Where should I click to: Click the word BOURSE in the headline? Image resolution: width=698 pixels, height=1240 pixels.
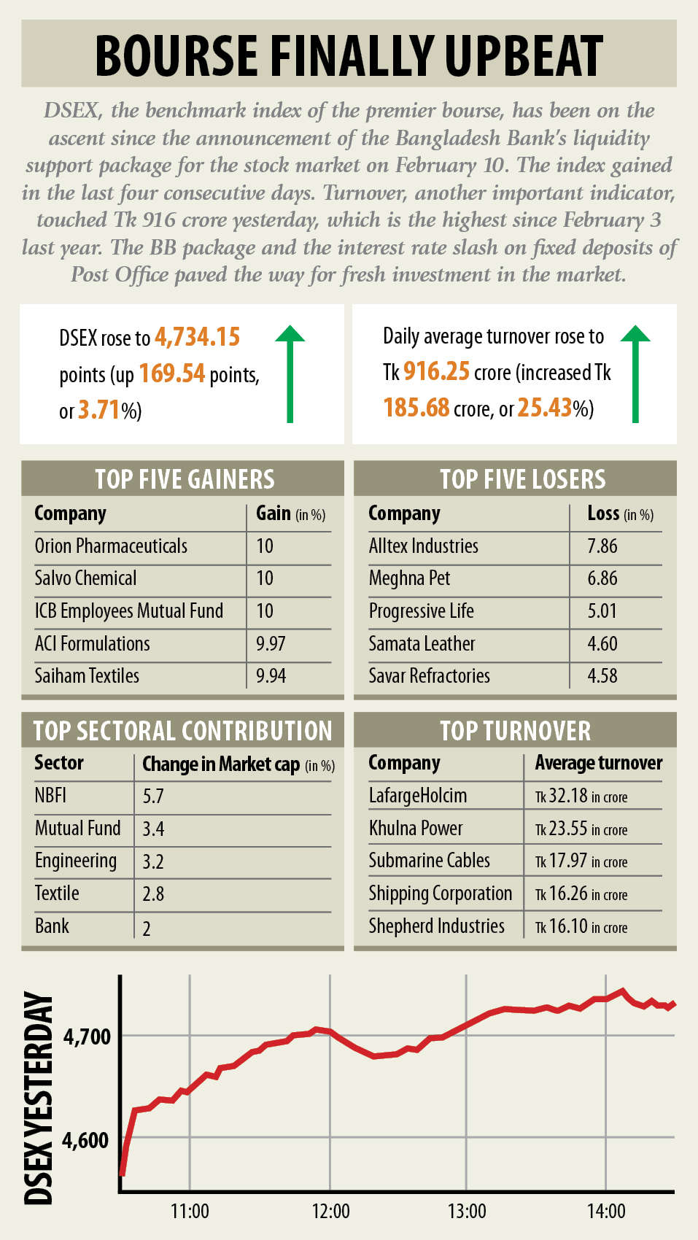tap(177, 55)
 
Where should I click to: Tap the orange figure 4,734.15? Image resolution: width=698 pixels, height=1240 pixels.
tap(197, 337)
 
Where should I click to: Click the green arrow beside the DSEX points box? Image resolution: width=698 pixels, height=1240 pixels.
tap(290, 373)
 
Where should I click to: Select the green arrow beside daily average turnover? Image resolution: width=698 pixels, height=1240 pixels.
tap(635, 373)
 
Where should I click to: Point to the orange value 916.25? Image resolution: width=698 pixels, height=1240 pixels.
tap(436, 371)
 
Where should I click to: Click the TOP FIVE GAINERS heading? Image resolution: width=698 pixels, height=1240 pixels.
tap(185, 479)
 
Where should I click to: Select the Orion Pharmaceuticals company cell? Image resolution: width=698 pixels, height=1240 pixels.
tap(111, 546)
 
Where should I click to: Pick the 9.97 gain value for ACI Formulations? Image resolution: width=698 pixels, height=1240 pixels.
tap(271, 644)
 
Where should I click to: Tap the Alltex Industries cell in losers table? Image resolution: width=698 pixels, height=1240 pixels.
tap(423, 546)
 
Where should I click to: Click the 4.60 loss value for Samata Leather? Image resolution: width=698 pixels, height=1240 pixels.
tap(602, 644)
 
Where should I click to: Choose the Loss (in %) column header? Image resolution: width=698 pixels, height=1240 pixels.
tap(620, 514)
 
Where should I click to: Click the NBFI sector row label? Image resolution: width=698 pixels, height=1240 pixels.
tap(50, 795)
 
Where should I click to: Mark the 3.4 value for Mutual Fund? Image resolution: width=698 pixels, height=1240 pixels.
tap(153, 829)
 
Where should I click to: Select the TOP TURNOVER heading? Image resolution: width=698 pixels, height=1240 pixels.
tap(515, 731)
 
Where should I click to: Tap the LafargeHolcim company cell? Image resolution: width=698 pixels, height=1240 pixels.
tap(417, 796)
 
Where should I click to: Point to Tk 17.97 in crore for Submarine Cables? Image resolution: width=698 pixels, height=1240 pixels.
tap(581, 861)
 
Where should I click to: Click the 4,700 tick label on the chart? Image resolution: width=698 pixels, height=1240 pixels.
tap(87, 1036)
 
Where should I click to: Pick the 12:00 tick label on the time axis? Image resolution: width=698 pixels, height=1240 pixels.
tap(330, 1212)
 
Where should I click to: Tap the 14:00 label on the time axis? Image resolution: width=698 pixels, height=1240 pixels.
tap(606, 1212)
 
